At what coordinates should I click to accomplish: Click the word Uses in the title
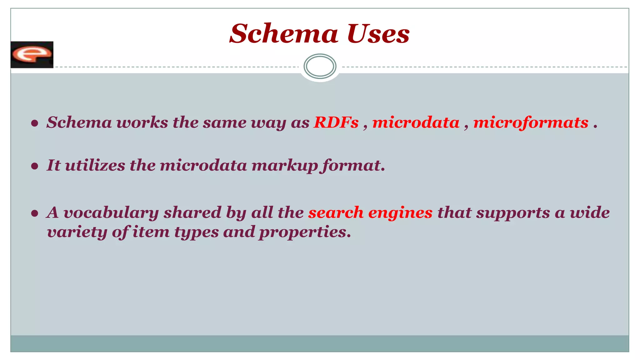coord(378,33)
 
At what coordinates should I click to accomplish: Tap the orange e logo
coord(32,55)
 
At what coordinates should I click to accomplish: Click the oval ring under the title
coord(320,66)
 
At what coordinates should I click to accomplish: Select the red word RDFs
coord(336,122)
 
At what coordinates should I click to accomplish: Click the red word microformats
coord(531,122)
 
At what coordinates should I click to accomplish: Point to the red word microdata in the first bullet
coord(416,122)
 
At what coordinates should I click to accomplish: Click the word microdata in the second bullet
coord(203,165)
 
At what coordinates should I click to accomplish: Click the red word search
coord(336,213)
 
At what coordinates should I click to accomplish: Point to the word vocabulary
coord(111,213)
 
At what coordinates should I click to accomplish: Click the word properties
coord(305,232)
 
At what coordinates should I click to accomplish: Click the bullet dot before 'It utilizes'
coord(35,166)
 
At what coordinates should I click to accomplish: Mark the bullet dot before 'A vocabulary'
coord(35,213)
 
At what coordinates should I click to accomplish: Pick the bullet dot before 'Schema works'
coord(35,123)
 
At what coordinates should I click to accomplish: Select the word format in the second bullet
coord(353,165)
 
